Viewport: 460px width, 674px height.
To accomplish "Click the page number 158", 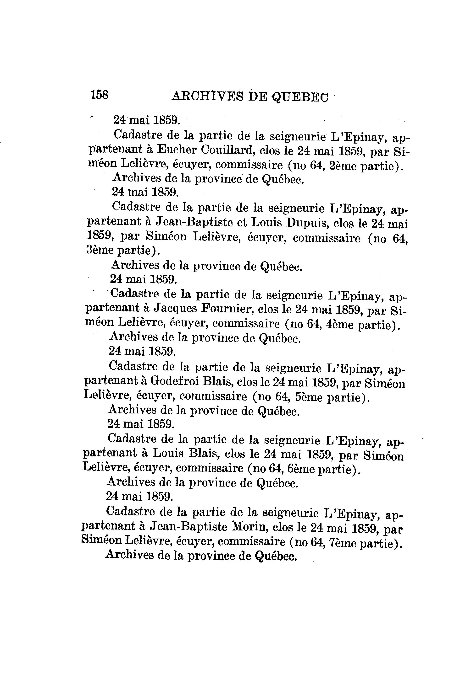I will tap(99, 95).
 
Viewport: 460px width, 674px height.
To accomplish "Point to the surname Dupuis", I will tap(306, 223).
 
